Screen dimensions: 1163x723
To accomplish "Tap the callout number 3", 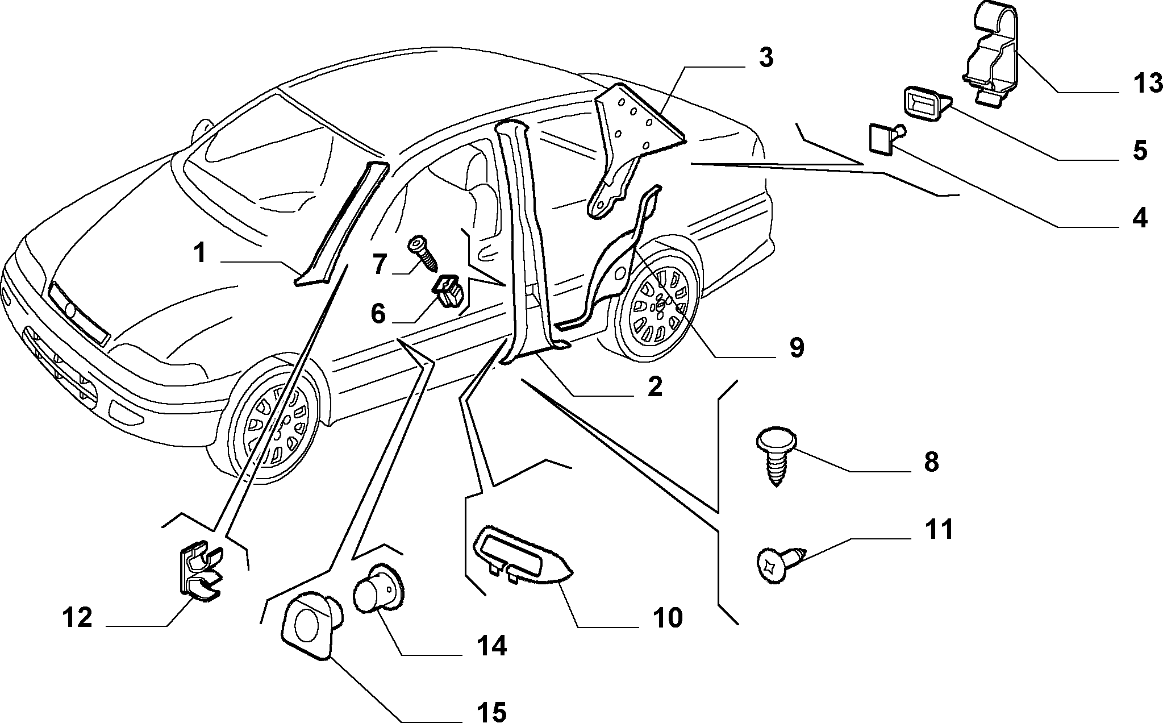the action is (766, 58).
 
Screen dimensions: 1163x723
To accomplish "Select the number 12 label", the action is (78, 617).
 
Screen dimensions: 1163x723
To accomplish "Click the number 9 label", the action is (797, 347).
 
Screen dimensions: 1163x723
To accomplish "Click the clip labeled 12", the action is (202, 572).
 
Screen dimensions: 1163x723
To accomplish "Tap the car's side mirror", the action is (201, 127).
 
